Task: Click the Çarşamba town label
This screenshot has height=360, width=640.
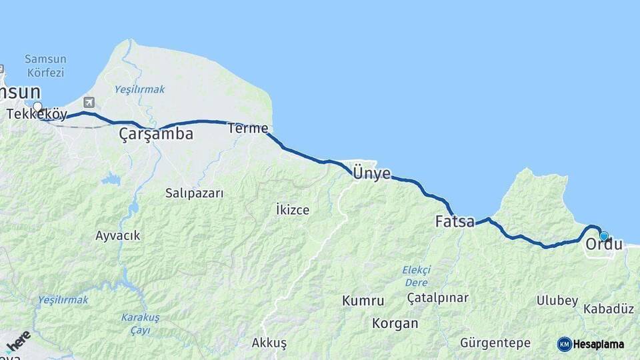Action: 156,134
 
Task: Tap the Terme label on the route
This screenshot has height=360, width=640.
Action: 247,128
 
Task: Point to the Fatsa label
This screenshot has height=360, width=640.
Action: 455,221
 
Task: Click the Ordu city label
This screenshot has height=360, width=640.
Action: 604,245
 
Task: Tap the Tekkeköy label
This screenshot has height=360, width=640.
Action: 37,115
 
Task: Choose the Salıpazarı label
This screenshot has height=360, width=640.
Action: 194,193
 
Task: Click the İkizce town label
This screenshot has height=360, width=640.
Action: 292,210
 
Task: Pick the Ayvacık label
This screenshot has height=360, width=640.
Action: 118,235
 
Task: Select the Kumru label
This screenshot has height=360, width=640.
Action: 363,301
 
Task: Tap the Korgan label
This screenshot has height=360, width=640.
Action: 396,324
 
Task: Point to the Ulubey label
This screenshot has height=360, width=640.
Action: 557,301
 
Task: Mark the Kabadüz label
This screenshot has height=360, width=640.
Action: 608,309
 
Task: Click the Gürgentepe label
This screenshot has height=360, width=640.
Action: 495,343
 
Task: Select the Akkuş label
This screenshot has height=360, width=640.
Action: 269,343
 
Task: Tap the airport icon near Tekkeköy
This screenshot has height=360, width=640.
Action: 89,102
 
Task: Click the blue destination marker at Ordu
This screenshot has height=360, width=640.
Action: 604,235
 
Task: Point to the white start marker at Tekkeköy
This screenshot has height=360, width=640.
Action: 37,106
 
